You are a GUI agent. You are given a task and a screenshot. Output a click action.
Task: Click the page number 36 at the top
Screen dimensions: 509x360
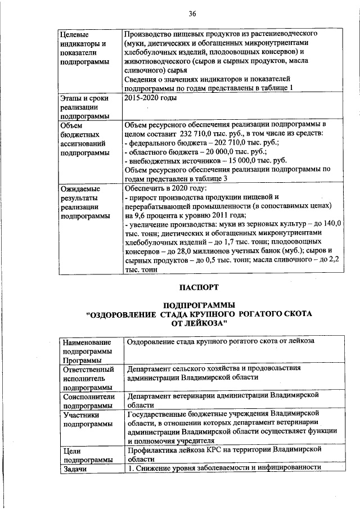tap(192, 13)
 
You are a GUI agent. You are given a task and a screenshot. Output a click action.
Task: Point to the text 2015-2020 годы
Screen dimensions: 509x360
tap(150, 99)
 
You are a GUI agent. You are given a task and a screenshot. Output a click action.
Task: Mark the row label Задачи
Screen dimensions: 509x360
tap(77, 469)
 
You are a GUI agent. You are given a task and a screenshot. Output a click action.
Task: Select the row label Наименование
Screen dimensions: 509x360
tap(88, 342)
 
